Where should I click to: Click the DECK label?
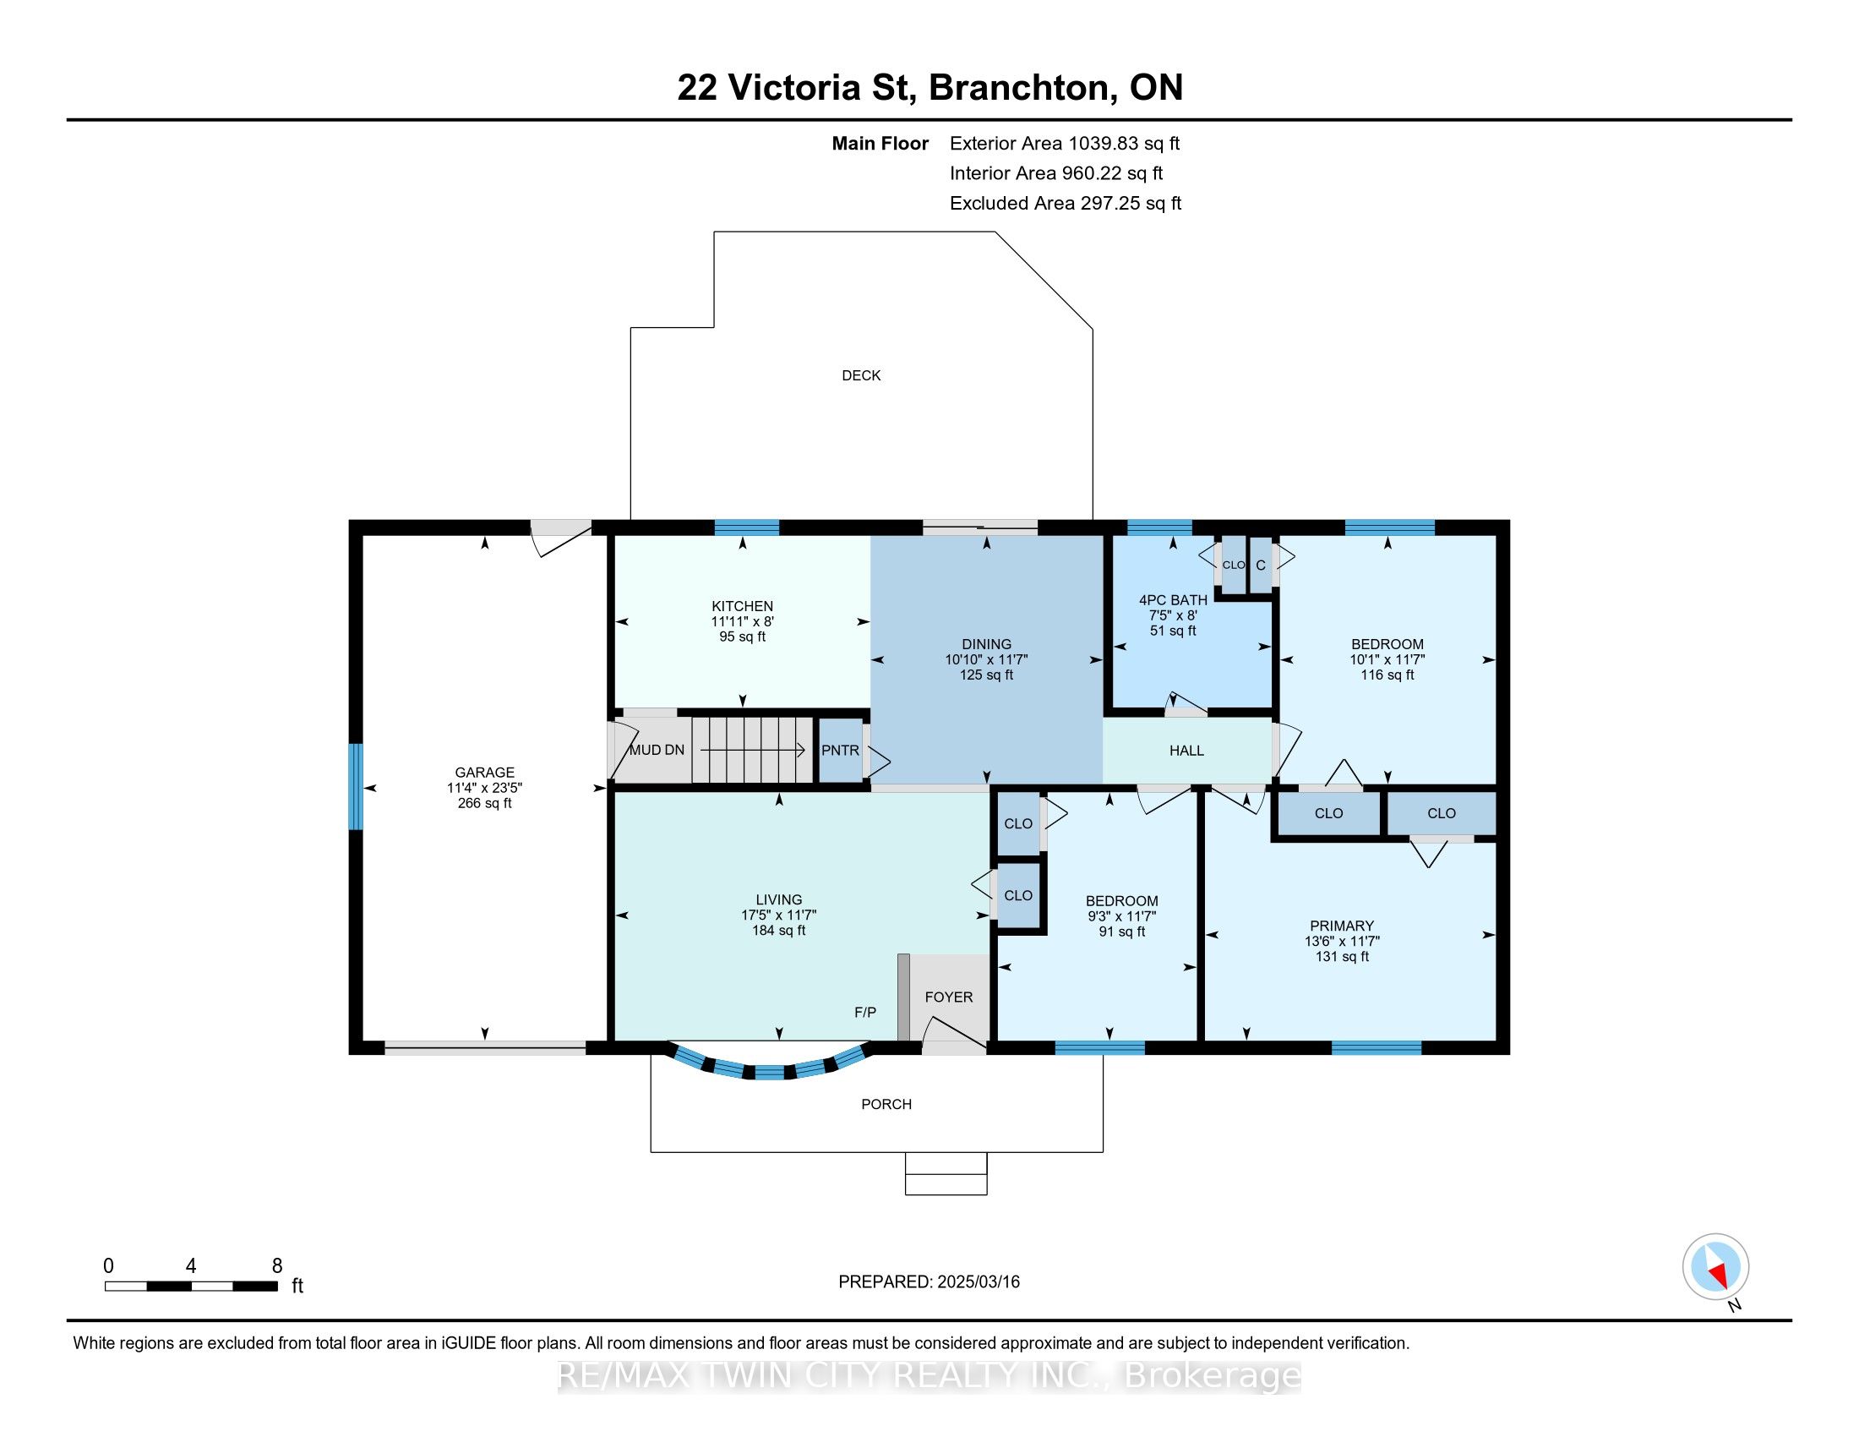[x=860, y=375]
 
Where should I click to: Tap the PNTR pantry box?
[x=839, y=751]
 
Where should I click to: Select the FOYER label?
[x=948, y=997]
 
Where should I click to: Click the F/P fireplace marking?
[x=864, y=1012]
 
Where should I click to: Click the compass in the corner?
[x=1715, y=1266]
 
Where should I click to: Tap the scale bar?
[x=192, y=1287]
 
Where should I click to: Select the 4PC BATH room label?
[x=1172, y=600]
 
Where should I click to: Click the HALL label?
[x=1186, y=751]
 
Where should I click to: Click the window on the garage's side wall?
[x=356, y=787]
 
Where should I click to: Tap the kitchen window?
[x=746, y=527]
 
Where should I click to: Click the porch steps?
[x=946, y=1173]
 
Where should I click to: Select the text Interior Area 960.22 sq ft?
[x=1055, y=173]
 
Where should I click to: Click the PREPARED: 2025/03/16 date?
[x=929, y=1282]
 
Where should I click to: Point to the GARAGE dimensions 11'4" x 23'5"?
[x=484, y=789]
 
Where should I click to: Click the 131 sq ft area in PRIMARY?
[x=1342, y=957]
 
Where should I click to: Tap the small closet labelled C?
[x=1261, y=566]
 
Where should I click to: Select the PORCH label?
[x=886, y=1104]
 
